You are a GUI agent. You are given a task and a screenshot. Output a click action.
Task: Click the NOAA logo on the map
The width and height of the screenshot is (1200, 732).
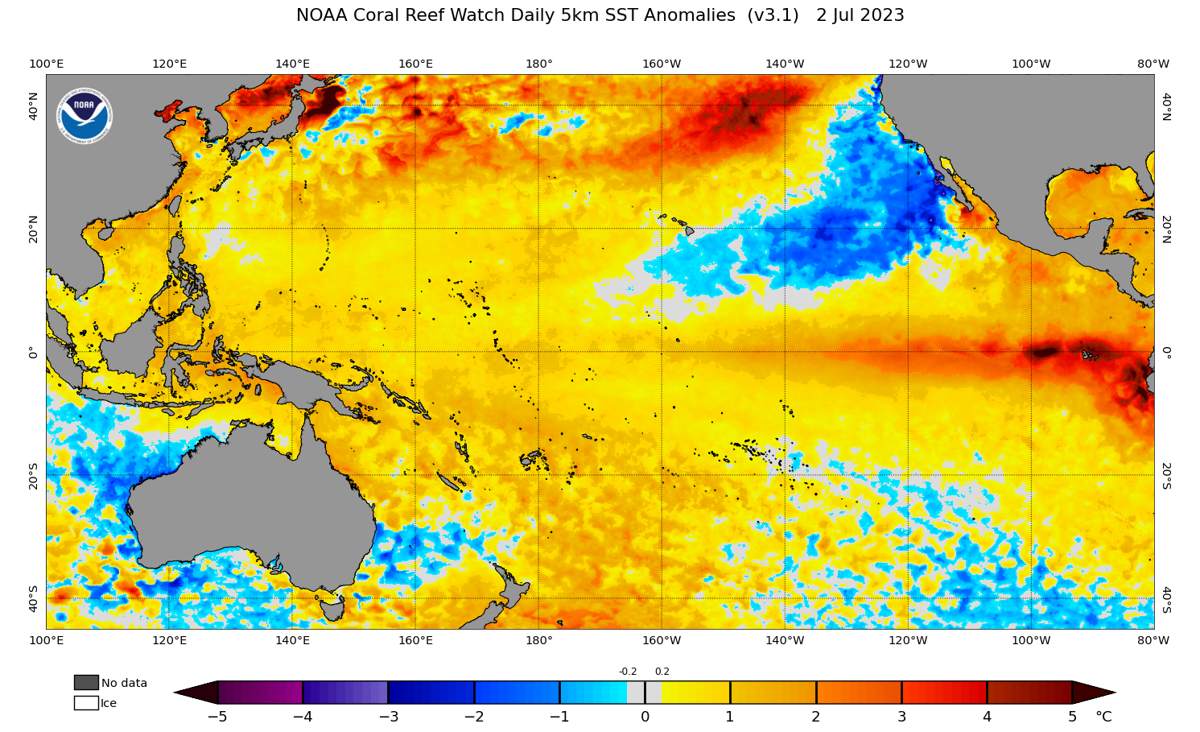point(85,116)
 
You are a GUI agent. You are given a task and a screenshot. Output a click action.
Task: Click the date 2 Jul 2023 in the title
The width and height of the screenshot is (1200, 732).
point(860,15)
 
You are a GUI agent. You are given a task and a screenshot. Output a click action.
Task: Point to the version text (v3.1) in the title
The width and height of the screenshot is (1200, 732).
point(773,15)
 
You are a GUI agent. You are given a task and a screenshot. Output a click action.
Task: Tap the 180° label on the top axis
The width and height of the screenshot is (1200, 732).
point(538,64)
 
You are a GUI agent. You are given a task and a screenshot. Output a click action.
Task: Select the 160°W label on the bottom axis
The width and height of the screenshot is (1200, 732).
point(662,640)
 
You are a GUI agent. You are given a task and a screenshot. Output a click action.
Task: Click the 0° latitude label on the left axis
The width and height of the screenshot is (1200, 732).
point(33,352)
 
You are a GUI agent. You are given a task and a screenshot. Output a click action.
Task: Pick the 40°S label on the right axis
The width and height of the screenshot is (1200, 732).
point(1166,599)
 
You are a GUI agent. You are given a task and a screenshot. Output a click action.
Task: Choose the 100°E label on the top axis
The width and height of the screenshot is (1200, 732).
point(46,64)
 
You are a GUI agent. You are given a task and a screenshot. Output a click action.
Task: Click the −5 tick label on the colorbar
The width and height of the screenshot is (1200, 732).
point(216,717)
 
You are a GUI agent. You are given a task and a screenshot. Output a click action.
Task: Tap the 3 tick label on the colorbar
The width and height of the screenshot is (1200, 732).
point(901,717)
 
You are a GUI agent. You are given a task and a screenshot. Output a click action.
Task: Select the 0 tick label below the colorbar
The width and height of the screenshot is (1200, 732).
point(645,717)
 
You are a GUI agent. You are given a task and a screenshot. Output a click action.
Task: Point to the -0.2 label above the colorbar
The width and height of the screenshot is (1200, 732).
point(628,672)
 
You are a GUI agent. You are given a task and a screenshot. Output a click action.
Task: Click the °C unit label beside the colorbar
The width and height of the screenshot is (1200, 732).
point(1103,717)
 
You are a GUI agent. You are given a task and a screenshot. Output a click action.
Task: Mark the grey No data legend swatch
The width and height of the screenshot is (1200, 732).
point(86,683)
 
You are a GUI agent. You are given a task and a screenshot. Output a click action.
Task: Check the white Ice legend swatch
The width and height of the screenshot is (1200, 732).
point(86,703)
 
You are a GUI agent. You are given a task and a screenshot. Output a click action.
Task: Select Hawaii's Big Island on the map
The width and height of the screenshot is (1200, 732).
point(689,230)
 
